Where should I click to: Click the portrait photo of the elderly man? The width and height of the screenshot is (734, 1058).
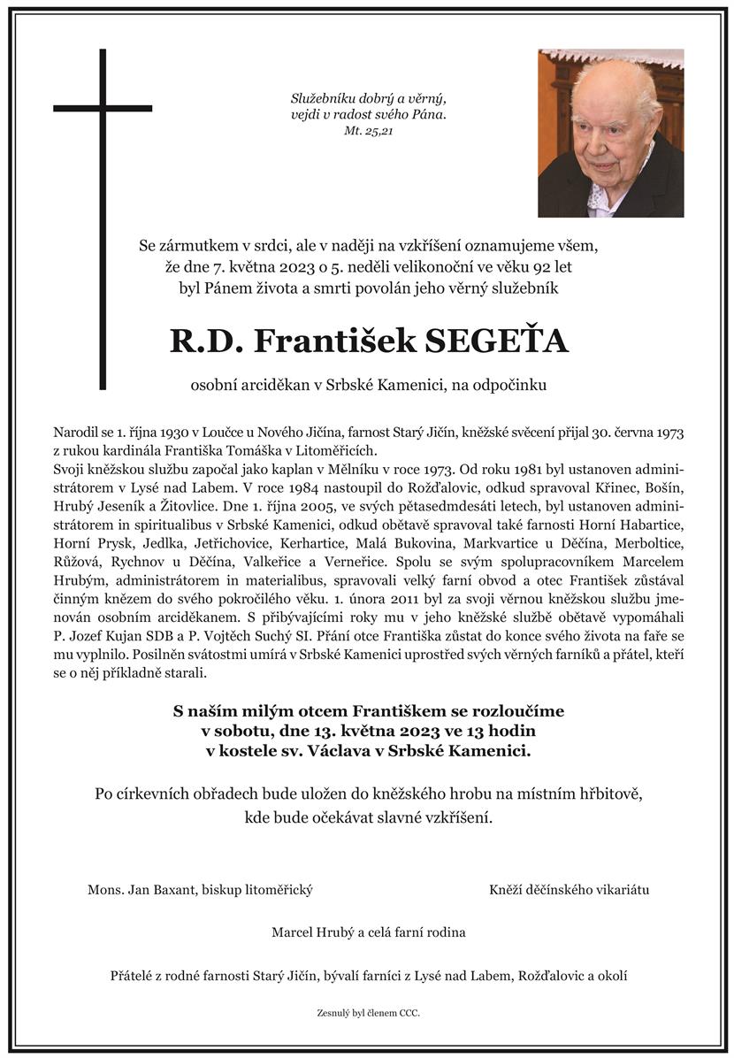click(x=610, y=133)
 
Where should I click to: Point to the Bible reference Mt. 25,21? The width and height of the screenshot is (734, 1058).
click(x=368, y=131)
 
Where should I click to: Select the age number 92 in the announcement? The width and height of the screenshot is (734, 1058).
click(x=521, y=264)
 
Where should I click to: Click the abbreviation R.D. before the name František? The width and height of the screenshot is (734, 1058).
click(x=204, y=341)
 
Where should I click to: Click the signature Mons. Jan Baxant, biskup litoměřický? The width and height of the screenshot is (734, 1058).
click(x=200, y=889)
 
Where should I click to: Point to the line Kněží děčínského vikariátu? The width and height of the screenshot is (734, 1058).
click(x=569, y=889)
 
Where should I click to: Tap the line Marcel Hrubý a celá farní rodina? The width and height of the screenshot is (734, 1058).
click(x=368, y=931)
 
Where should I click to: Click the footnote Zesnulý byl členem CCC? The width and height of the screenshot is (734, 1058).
click(x=367, y=1012)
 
